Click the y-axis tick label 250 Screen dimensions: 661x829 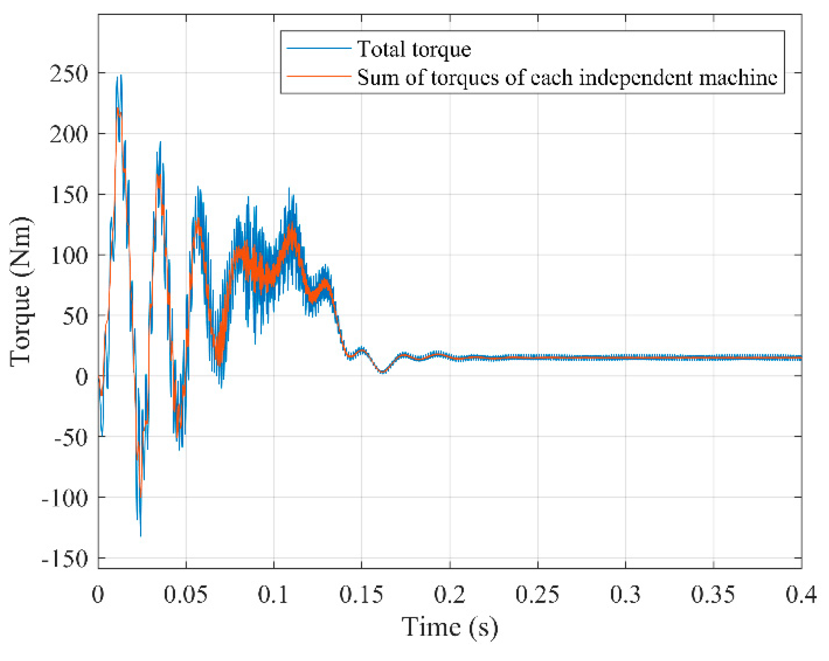coord(69,74)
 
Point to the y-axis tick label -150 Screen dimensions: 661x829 coord(65,559)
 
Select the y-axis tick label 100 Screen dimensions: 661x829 coord(69,255)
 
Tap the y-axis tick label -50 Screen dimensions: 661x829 coord(71,437)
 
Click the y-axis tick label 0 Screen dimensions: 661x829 coord(81,377)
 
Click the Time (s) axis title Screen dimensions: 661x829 coord(449,627)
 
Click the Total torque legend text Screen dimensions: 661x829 coord(414,49)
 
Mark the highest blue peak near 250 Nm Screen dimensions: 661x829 coord(121,75)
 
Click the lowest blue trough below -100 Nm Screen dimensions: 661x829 coord(141,535)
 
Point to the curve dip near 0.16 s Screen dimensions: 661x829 coord(382,372)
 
